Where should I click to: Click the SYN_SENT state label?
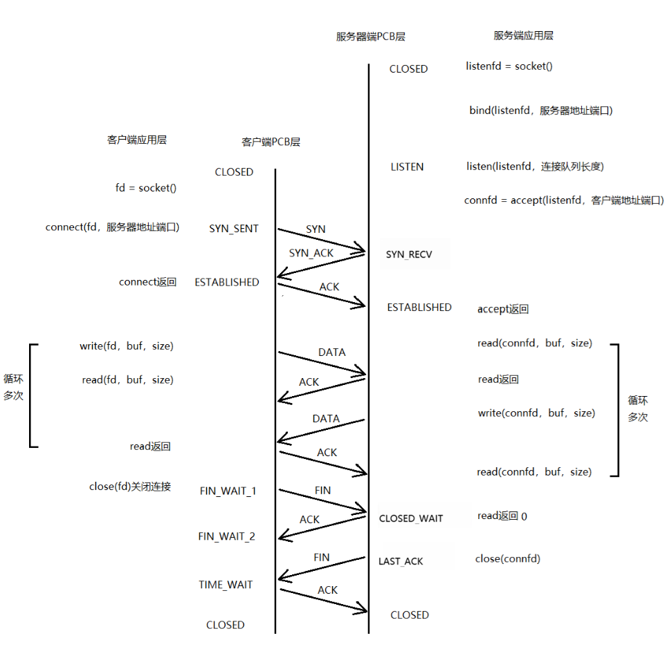pyautogui.click(x=234, y=229)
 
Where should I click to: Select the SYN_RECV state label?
pyautogui.click(x=409, y=254)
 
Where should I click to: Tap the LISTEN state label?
pyautogui.click(x=407, y=167)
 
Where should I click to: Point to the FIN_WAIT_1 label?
pyautogui.click(x=228, y=491)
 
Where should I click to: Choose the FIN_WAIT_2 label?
pyautogui.click(x=226, y=536)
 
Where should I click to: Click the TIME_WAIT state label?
pyautogui.click(x=226, y=585)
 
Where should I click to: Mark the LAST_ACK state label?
pyautogui.click(x=401, y=561)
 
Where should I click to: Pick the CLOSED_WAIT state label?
pyautogui.click(x=411, y=518)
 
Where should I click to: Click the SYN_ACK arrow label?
pyautogui.click(x=311, y=253)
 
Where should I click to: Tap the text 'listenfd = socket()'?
pyautogui.click(x=509, y=66)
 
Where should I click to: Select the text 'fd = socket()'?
pyautogui.click(x=146, y=188)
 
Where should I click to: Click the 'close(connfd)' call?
pyautogui.click(x=508, y=558)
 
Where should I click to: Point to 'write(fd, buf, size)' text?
pyautogui.click(x=127, y=346)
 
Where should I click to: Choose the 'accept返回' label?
pyautogui.click(x=503, y=309)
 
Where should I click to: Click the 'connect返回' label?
pyautogui.click(x=148, y=282)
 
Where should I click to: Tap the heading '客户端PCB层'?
pyautogui.click(x=271, y=142)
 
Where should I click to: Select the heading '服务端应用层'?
pyautogui.click(x=523, y=36)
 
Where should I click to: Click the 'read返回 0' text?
pyautogui.click(x=502, y=516)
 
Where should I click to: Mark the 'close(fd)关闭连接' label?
pyautogui.click(x=130, y=487)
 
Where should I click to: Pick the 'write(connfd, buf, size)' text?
pyautogui.click(x=536, y=413)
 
